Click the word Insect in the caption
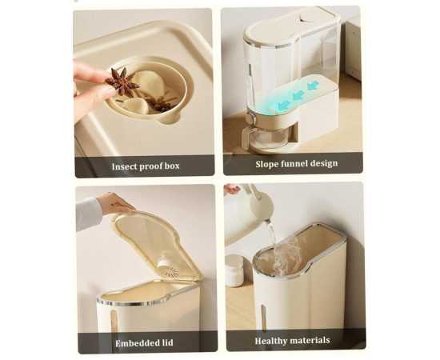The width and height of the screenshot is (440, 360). click(124, 166)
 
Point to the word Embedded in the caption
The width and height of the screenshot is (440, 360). click(134, 343)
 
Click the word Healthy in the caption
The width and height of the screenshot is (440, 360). click(272, 341)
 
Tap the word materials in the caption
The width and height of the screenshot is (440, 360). click(310, 340)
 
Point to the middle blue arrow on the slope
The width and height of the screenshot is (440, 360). click(299, 95)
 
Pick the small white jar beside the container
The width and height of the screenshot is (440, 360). click(235, 270)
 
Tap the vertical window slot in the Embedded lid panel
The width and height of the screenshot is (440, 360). click(114, 322)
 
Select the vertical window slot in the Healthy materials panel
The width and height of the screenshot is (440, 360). click(264, 317)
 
